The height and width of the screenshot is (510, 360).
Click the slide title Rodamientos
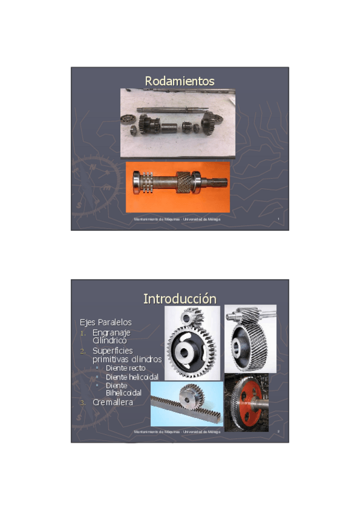tap(180, 81)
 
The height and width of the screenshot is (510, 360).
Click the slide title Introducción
tap(180, 298)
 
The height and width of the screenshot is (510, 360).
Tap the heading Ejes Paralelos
tap(106, 322)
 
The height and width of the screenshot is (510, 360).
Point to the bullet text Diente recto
tap(125, 367)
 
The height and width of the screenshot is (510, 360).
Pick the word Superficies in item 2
tap(112, 350)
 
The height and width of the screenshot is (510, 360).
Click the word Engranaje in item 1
tap(112, 332)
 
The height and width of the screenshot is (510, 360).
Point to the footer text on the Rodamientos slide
tap(177, 220)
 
